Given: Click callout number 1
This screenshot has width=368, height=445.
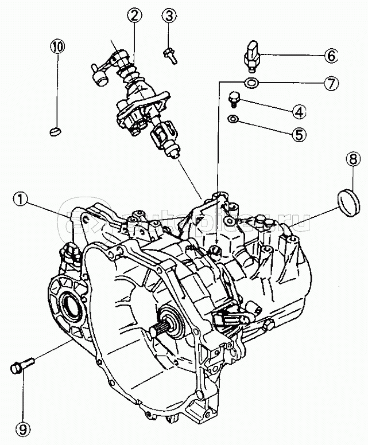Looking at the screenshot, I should coord(21,200).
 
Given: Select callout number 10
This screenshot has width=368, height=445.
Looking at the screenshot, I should coord(57,45).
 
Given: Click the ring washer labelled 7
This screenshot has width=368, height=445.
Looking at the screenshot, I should coord(251,83).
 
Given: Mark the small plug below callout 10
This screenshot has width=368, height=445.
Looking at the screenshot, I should coord(55,131).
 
